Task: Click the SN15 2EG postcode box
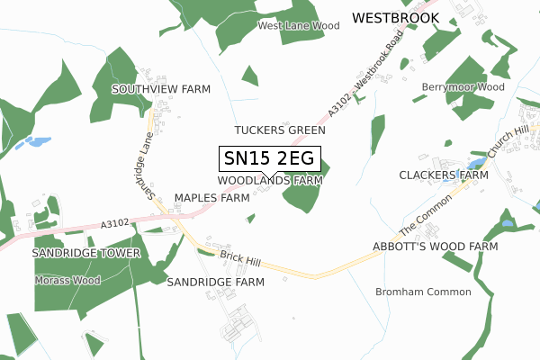(x=269, y=158)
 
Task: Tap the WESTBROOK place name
(x=395, y=17)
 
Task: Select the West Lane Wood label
(x=299, y=26)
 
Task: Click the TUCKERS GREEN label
(x=280, y=130)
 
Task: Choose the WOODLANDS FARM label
(x=270, y=180)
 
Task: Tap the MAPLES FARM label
(x=211, y=197)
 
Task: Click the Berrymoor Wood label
(x=463, y=87)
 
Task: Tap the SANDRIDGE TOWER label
(x=86, y=253)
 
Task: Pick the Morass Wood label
(x=67, y=280)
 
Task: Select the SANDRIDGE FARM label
(x=216, y=282)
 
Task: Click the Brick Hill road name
(x=240, y=260)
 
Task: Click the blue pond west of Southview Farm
(x=38, y=142)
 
